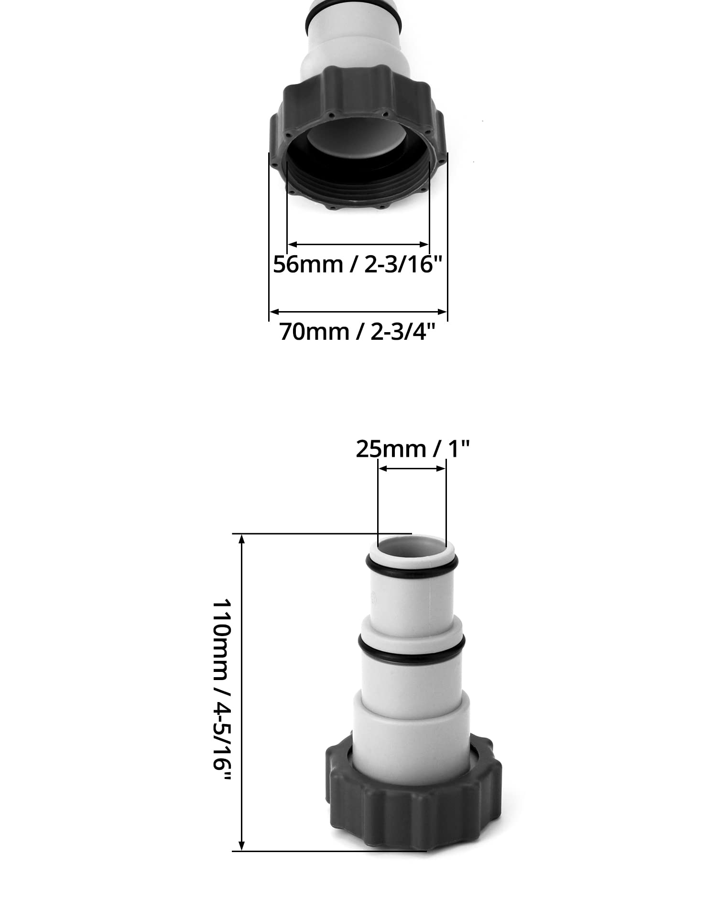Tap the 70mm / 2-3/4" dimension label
(358, 331)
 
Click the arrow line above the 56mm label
(358, 244)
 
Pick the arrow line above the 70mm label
(358, 312)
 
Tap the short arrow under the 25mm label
(412, 469)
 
